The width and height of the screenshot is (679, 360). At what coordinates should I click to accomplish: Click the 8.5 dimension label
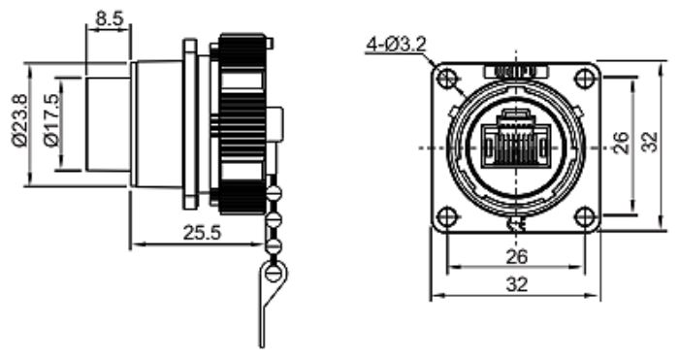click(110, 19)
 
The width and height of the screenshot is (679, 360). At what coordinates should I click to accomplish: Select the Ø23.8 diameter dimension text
click(20, 120)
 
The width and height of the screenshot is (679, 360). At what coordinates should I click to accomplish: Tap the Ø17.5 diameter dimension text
click(50, 120)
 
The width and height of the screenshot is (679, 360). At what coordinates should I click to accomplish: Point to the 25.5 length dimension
click(202, 233)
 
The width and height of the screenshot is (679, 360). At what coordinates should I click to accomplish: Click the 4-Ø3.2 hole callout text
click(397, 45)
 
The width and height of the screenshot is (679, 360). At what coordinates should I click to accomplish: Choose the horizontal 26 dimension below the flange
click(517, 256)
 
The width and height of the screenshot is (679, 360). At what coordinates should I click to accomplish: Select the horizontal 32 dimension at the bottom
click(517, 284)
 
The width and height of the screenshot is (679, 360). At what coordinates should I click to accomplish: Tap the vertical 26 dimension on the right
click(621, 143)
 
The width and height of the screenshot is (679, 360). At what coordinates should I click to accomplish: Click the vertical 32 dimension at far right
click(649, 142)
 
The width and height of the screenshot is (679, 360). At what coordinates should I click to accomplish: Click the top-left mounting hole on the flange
click(447, 79)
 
